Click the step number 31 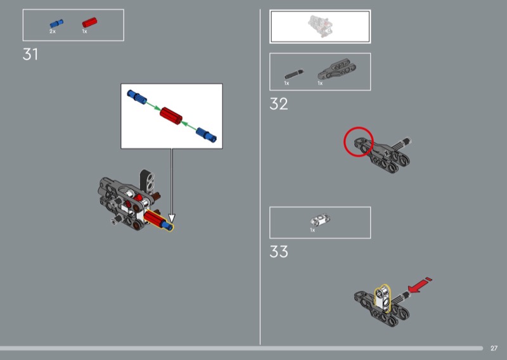click(x=30, y=55)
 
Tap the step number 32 click(x=278, y=104)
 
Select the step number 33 click(x=278, y=252)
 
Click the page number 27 click(x=494, y=349)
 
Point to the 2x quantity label click(x=53, y=32)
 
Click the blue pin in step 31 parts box click(x=56, y=23)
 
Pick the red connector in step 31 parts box click(x=89, y=22)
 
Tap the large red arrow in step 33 click(x=420, y=285)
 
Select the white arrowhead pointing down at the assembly click(x=172, y=219)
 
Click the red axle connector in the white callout click(x=171, y=115)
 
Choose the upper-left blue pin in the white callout click(x=137, y=96)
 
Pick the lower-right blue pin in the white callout click(x=207, y=134)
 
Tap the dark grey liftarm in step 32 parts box click(x=337, y=69)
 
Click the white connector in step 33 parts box click(x=320, y=220)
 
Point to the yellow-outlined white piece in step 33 click(x=383, y=299)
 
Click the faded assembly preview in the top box click(x=320, y=26)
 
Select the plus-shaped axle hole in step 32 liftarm click(x=387, y=153)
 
